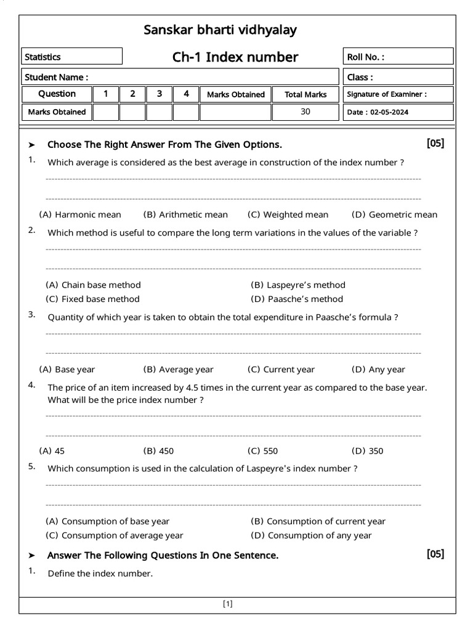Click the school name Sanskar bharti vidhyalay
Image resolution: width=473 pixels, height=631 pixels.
click(x=220, y=30)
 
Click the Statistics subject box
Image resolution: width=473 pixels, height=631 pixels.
click(x=71, y=57)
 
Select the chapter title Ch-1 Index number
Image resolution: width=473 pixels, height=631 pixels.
click(x=235, y=57)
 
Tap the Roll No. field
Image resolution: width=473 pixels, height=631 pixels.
click(x=398, y=57)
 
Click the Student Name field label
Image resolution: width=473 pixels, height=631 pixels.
click(x=56, y=77)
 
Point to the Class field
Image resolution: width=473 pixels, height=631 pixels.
click(x=398, y=77)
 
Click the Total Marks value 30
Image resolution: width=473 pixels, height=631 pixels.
click(x=305, y=112)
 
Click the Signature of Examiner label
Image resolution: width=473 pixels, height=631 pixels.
click(x=387, y=94)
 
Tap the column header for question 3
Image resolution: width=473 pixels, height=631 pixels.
click(x=160, y=94)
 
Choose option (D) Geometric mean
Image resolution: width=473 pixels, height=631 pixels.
click(x=394, y=214)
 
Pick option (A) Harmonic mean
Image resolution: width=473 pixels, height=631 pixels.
click(x=80, y=214)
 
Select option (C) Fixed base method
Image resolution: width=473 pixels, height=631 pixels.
click(x=93, y=299)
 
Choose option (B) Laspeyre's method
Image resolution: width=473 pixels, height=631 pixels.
click(x=298, y=285)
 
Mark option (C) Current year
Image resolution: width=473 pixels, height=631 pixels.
click(x=281, y=369)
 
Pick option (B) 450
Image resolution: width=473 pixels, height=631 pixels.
click(x=158, y=450)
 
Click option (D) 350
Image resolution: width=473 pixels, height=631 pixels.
click(x=367, y=450)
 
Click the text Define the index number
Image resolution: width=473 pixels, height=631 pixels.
click(x=100, y=574)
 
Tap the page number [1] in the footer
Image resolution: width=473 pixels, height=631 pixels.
click(x=228, y=604)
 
